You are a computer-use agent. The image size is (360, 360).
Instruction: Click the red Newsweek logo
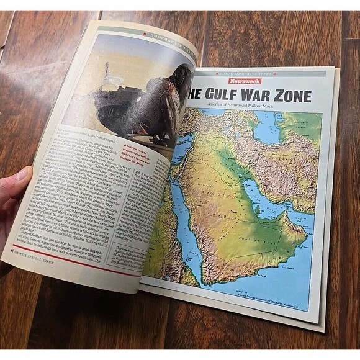[x=245, y=81]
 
